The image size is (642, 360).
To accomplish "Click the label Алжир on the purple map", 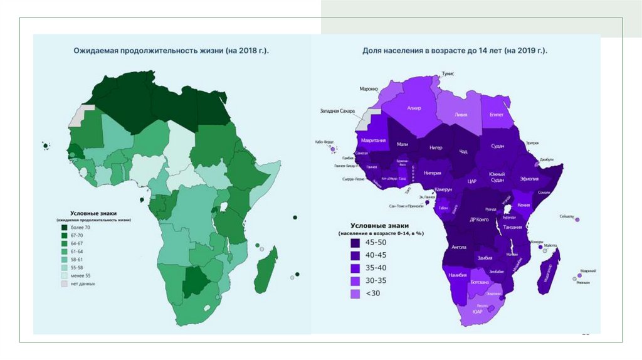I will pyautogui.click(x=414, y=108).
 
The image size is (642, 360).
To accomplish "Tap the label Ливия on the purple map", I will pyautogui.click(x=460, y=115).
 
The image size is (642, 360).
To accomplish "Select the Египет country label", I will pyautogui.click(x=497, y=115).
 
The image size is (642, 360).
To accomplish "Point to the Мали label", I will pyautogui.click(x=403, y=144).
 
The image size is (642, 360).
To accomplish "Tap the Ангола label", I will pyautogui.click(x=459, y=247).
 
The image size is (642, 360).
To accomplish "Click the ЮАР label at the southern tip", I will pyautogui.click(x=477, y=310).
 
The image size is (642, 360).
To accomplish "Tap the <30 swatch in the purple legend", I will pyautogui.click(x=355, y=293).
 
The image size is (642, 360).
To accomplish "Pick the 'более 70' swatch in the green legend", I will pyautogui.click(x=64, y=227).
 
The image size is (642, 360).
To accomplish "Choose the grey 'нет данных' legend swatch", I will pyautogui.click(x=64, y=283).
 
